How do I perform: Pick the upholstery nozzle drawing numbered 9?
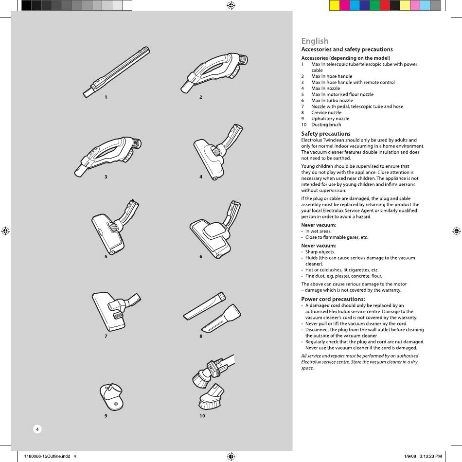pos(111,395)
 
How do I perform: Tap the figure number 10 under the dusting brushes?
pos(202,416)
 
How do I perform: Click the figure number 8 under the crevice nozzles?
pos(201,337)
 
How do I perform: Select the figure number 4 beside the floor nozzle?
pos(201,177)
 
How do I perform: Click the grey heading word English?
pos(315,41)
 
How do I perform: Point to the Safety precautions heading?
pos(325,134)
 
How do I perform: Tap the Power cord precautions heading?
pos(333,299)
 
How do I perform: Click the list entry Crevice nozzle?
pos(326,113)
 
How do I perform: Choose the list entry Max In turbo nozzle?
pos(332,101)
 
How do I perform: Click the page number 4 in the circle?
pos(37,429)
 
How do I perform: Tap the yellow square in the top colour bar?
pos(334,5)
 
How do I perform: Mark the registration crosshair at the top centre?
pos(231,5)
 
